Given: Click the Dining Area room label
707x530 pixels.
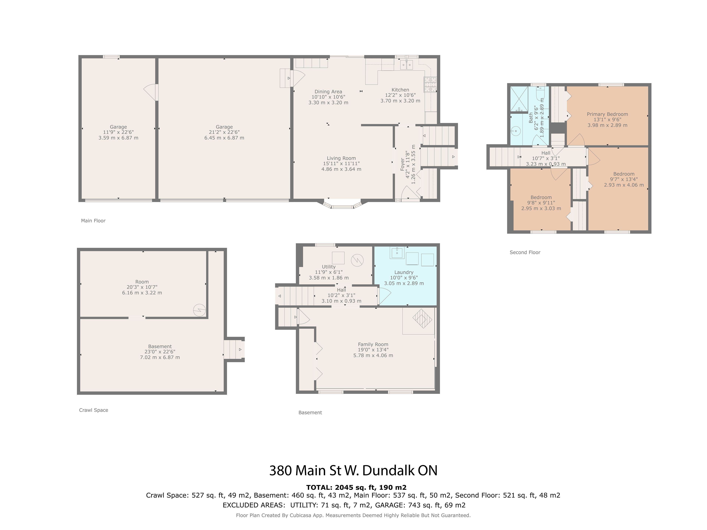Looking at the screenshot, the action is tap(328, 92).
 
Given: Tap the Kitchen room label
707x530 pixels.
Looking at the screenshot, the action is tap(400, 90).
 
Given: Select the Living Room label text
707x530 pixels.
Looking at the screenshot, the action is tap(341, 158).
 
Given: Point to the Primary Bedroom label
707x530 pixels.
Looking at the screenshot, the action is tap(607, 114).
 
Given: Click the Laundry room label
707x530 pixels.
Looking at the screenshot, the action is tap(404, 272).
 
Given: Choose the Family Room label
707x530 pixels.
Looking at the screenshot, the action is tap(373, 344).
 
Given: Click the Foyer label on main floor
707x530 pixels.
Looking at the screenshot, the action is tap(403, 164).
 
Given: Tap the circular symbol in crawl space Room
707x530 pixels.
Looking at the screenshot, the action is tap(199, 310).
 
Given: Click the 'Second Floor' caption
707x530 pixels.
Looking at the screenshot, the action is tap(525, 252).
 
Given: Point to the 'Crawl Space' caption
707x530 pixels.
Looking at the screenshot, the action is tap(94, 410).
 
